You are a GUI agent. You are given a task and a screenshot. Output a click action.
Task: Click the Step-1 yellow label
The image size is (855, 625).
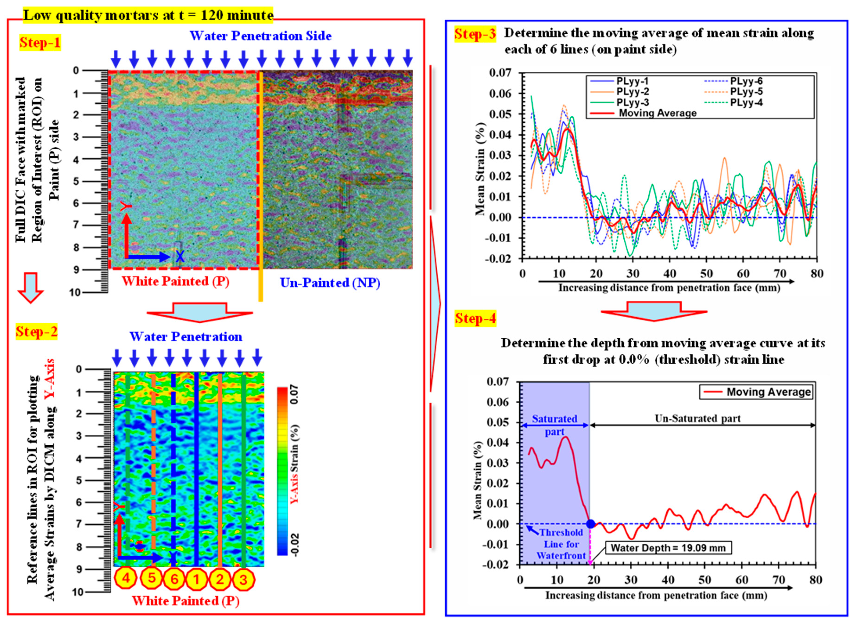[40, 42]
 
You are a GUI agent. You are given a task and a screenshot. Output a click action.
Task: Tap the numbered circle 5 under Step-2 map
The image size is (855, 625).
[152, 578]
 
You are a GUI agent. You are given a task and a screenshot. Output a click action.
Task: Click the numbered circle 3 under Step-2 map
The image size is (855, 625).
[243, 579]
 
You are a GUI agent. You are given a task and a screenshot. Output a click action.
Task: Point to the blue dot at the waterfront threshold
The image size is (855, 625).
[590, 524]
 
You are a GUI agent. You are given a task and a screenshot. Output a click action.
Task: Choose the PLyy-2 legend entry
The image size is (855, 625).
[632, 92]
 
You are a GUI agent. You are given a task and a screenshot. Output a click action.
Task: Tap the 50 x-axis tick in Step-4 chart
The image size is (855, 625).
[705, 580]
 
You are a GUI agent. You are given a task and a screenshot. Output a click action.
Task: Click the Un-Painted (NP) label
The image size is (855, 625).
[330, 283]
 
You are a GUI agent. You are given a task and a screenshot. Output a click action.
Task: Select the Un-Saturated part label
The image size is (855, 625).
[697, 418]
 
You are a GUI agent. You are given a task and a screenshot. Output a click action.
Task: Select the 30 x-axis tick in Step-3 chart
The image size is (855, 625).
[633, 273]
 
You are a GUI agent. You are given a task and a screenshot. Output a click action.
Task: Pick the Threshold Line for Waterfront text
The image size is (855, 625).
[561, 544]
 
